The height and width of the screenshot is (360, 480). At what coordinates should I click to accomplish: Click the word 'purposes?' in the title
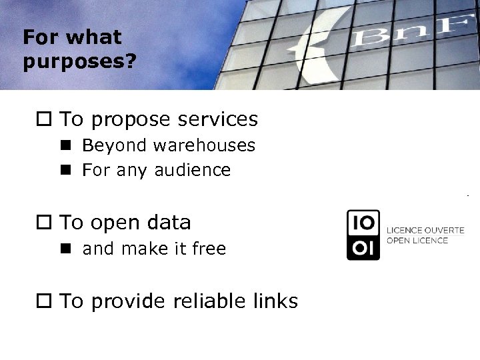tap(79, 61)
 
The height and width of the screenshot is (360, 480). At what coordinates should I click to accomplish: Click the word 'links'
tap(273, 301)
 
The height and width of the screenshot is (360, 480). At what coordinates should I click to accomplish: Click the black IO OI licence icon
tap(363, 235)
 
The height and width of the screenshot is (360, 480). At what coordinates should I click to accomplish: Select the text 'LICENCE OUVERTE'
tap(425, 230)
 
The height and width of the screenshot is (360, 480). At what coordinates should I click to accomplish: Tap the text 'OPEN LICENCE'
tap(417, 240)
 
